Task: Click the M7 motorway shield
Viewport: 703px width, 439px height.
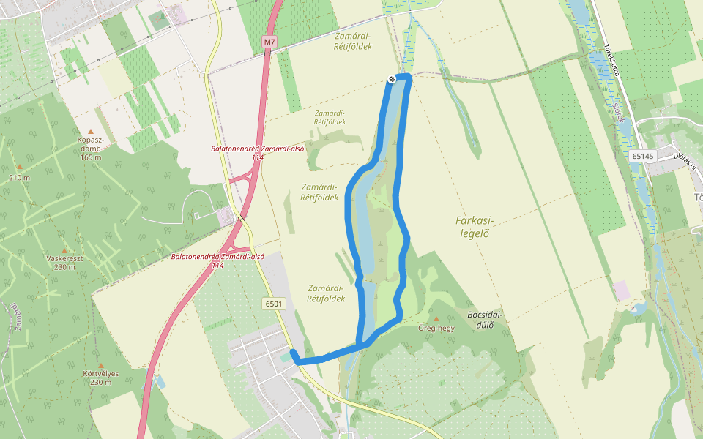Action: pos(270,42)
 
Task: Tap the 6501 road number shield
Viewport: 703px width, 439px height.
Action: pos(275,303)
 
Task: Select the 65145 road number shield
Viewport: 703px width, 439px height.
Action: pos(642,156)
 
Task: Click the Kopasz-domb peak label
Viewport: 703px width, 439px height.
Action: pos(90,143)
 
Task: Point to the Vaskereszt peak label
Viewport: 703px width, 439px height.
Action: pos(62,258)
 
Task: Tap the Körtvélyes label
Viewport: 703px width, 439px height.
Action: pos(101,373)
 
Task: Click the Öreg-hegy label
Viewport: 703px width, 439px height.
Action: pos(436,328)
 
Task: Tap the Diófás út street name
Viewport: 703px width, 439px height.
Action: pos(685,160)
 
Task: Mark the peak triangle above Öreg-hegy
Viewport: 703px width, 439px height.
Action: pos(436,319)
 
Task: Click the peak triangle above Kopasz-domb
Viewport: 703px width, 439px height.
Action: pos(91,132)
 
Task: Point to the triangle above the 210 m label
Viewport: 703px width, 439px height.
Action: pos(20,168)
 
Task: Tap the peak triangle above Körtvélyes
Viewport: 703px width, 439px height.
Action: pos(101,365)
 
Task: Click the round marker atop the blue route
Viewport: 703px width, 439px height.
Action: pos(393,79)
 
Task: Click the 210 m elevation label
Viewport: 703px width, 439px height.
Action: pos(20,177)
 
